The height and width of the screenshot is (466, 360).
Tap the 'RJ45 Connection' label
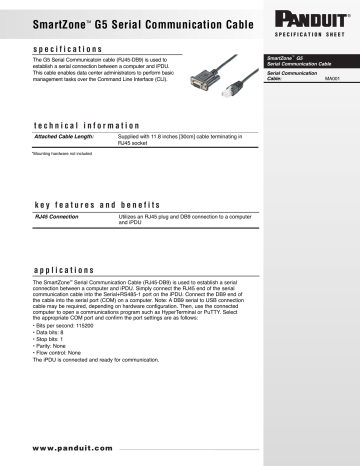click(57, 215)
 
